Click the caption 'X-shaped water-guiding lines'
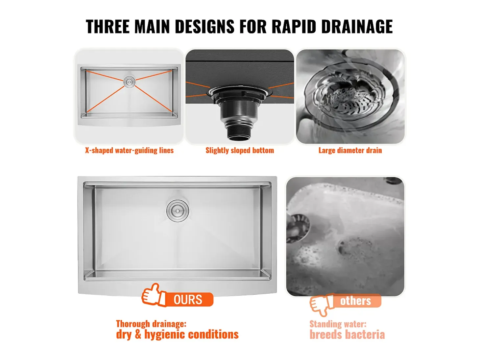point(129,150)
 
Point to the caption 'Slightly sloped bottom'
point(240,150)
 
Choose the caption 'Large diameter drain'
point(350,150)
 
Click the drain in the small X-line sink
point(130,82)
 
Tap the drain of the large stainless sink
point(178,211)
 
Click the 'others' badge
point(356,301)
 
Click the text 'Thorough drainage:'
point(151,324)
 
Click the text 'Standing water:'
point(338,324)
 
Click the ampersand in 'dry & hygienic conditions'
point(138,334)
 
